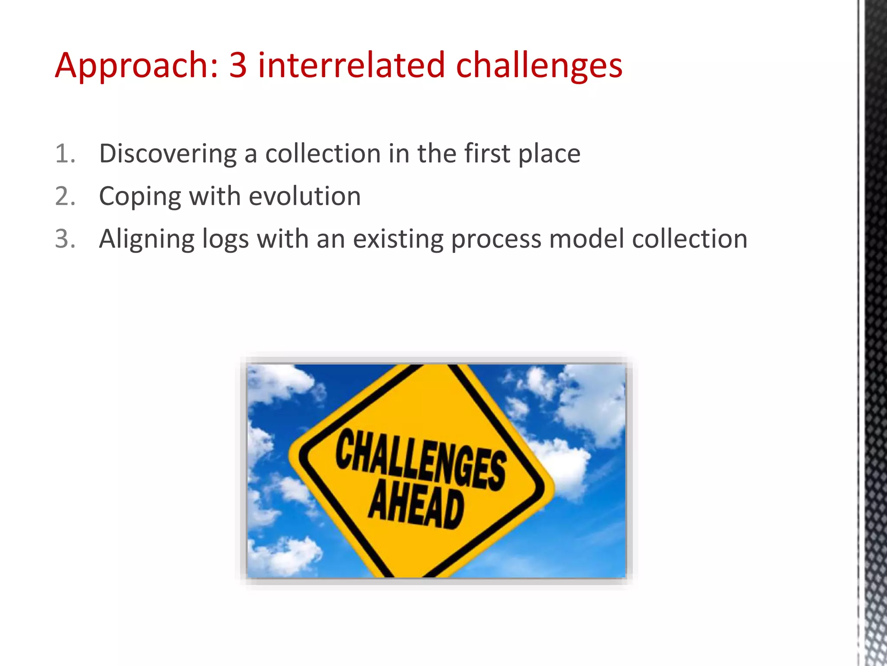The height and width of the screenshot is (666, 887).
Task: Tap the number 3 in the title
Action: tap(238, 65)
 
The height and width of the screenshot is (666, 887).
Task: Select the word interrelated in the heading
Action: tap(351, 65)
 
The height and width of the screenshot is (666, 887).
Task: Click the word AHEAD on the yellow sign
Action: tap(416, 505)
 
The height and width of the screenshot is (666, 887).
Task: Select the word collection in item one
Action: tap(322, 154)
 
